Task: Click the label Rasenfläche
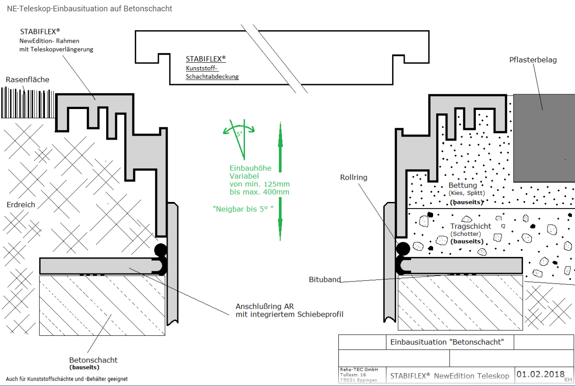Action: (x=28, y=79)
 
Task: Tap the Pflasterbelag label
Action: (x=533, y=60)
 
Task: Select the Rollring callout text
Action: (x=354, y=177)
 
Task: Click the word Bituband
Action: (x=325, y=279)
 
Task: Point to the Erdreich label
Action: (x=21, y=205)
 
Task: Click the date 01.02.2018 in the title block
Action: (x=541, y=374)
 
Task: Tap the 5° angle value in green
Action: (x=239, y=134)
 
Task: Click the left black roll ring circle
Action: (x=161, y=249)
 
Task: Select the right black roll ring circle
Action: (x=403, y=249)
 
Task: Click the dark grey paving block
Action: (x=544, y=138)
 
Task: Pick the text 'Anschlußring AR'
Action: (x=265, y=306)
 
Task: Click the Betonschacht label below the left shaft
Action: (x=93, y=360)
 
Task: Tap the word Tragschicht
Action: (x=470, y=226)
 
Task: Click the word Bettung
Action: (x=462, y=185)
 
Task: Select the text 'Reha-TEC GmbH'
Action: (x=359, y=369)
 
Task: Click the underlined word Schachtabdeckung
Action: (x=212, y=76)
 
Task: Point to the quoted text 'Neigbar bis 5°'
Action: (x=243, y=209)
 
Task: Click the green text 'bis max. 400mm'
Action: (x=259, y=192)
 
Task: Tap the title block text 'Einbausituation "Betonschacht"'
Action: (x=447, y=342)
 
